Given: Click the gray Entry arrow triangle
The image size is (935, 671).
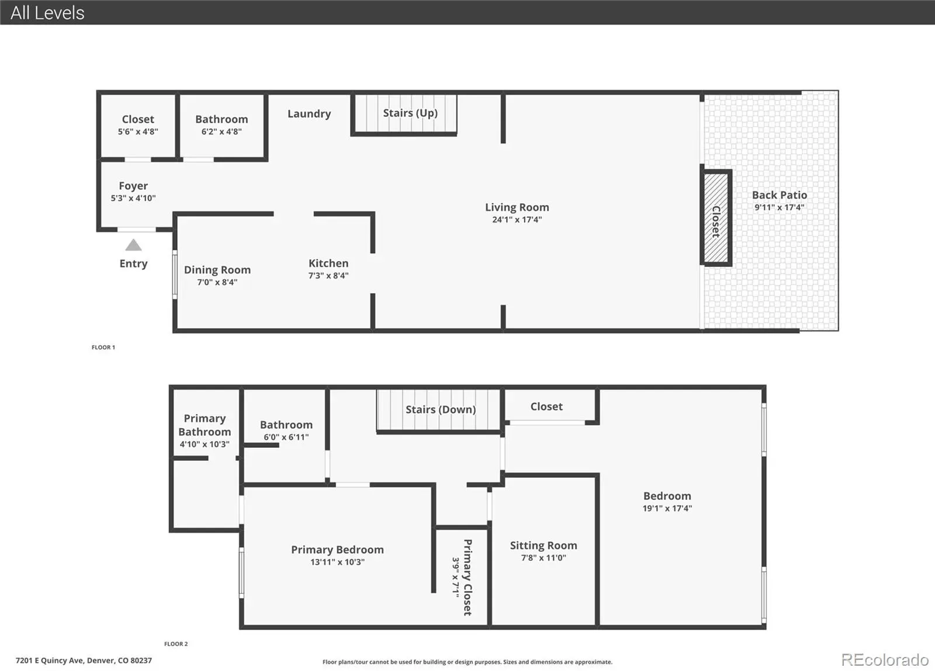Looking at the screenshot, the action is [134, 245].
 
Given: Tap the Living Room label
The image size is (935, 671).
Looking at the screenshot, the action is [517, 207].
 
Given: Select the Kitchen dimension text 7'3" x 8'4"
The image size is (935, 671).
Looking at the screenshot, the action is [328, 276].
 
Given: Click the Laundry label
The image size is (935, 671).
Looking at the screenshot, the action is [309, 114].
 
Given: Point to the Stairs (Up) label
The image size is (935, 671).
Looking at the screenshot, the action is [410, 113].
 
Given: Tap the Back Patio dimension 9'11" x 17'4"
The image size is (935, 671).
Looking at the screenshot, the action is [780, 207].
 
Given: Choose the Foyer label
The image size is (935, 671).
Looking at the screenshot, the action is [133, 186].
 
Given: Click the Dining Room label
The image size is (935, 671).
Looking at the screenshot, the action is [217, 270].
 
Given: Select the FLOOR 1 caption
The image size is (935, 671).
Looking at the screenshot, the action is [103, 347].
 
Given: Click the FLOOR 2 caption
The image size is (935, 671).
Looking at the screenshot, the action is [176, 644].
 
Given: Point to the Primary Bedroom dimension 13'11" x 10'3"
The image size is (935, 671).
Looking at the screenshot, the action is [337, 562].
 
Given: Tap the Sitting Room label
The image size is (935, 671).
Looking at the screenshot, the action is [543, 545].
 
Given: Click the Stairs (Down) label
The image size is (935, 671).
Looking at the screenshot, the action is [441, 409].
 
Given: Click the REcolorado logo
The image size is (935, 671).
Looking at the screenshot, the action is [885, 660].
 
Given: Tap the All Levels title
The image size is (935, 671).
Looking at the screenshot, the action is [47, 13].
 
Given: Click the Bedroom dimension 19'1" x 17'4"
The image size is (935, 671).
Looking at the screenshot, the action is [667, 508].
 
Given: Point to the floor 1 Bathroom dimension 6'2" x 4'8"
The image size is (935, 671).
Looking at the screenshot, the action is [221, 132].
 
